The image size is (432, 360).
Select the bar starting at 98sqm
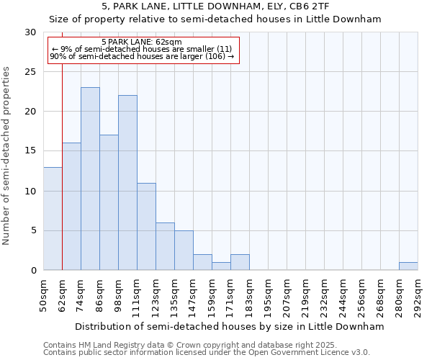click(x=127, y=183)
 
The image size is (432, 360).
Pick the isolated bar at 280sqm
click(x=408, y=266)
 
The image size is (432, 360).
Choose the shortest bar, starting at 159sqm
click(x=221, y=266)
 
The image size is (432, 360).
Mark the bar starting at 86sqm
click(x=109, y=202)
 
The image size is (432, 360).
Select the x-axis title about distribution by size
click(x=230, y=326)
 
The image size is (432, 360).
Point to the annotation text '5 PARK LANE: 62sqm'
click(x=142, y=42)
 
